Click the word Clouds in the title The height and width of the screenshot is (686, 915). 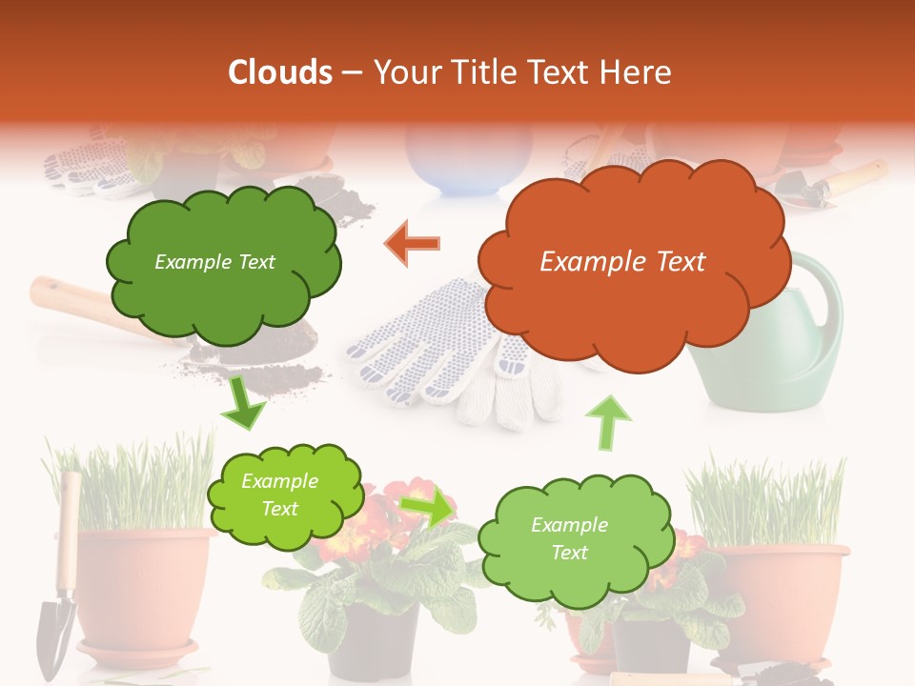coord(280,72)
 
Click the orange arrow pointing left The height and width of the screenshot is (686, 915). coord(413,244)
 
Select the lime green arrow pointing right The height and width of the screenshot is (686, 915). coord(427,507)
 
